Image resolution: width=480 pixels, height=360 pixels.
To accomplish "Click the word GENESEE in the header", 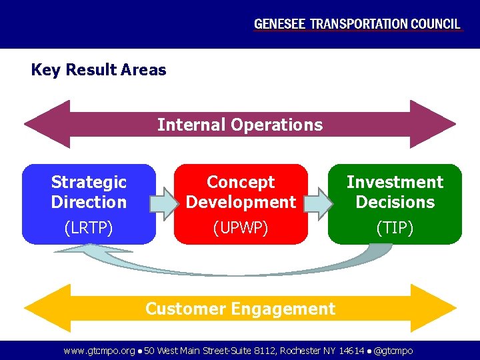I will pyautogui.click(x=279, y=24).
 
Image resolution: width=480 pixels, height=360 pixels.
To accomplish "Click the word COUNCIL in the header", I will pyautogui.click(x=434, y=24).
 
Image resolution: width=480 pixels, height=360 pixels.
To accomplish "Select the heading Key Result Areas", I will pyautogui.click(x=99, y=70).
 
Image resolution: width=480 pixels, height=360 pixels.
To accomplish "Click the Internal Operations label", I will pyautogui.click(x=240, y=125).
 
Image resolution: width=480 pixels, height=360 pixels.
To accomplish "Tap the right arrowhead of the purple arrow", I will pyautogui.click(x=433, y=124).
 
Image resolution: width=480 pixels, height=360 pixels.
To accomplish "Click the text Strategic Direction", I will pyautogui.click(x=89, y=192).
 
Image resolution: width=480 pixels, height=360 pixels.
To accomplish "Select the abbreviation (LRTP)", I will pyautogui.click(x=89, y=228).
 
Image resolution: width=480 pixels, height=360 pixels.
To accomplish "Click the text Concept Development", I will pyautogui.click(x=241, y=192).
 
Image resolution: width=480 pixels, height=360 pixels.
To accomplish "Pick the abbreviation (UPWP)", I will pyautogui.click(x=241, y=228).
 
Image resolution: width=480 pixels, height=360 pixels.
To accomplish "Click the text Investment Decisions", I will pyautogui.click(x=395, y=192).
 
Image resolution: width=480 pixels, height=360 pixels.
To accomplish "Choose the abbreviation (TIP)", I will pyautogui.click(x=395, y=228).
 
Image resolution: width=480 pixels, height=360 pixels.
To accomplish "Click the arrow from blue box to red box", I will pyautogui.click(x=164, y=203).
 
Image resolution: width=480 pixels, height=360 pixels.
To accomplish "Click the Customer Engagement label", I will pyautogui.click(x=240, y=309).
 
